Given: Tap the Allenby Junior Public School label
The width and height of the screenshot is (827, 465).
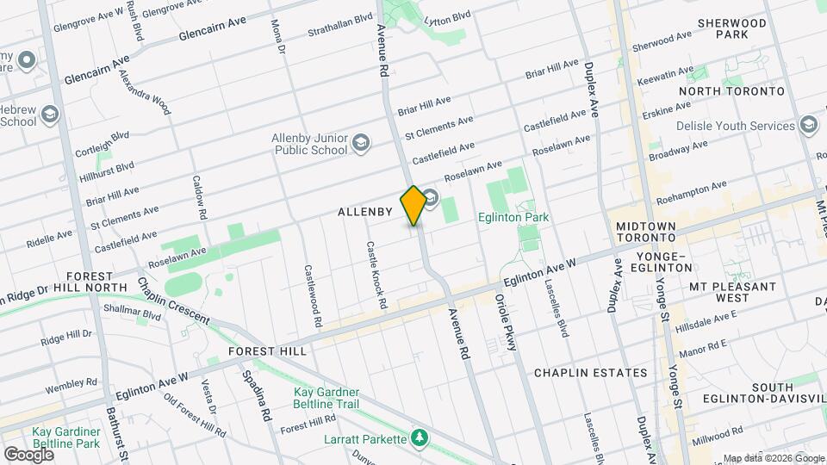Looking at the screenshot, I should pyautogui.click(x=309, y=144).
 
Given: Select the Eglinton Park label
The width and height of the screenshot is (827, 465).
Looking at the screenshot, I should pyautogui.click(x=513, y=218).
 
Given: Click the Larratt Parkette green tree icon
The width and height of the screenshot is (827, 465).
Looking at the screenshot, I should pyautogui.click(x=419, y=439).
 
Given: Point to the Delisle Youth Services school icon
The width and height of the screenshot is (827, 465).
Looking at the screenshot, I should pyautogui.click(x=808, y=126).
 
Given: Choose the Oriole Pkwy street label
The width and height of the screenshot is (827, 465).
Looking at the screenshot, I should pyautogui.click(x=506, y=322).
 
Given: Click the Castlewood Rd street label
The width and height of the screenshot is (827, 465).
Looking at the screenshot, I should pyautogui.click(x=312, y=294).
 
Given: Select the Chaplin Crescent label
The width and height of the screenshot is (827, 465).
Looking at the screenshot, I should pyautogui.click(x=172, y=301).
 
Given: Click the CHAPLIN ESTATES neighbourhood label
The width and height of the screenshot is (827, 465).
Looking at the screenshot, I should pyautogui.click(x=590, y=373).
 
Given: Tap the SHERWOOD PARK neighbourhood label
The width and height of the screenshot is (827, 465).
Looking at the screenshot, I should pyautogui.click(x=732, y=28).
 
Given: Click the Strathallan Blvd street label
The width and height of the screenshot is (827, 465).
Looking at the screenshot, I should pyautogui.click(x=341, y=25).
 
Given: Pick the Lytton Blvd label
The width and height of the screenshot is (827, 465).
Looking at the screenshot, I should pyautogui.click(x=448, y=16).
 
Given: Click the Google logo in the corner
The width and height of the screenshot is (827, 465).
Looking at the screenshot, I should pyautogui.click(x=28, y=454).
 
